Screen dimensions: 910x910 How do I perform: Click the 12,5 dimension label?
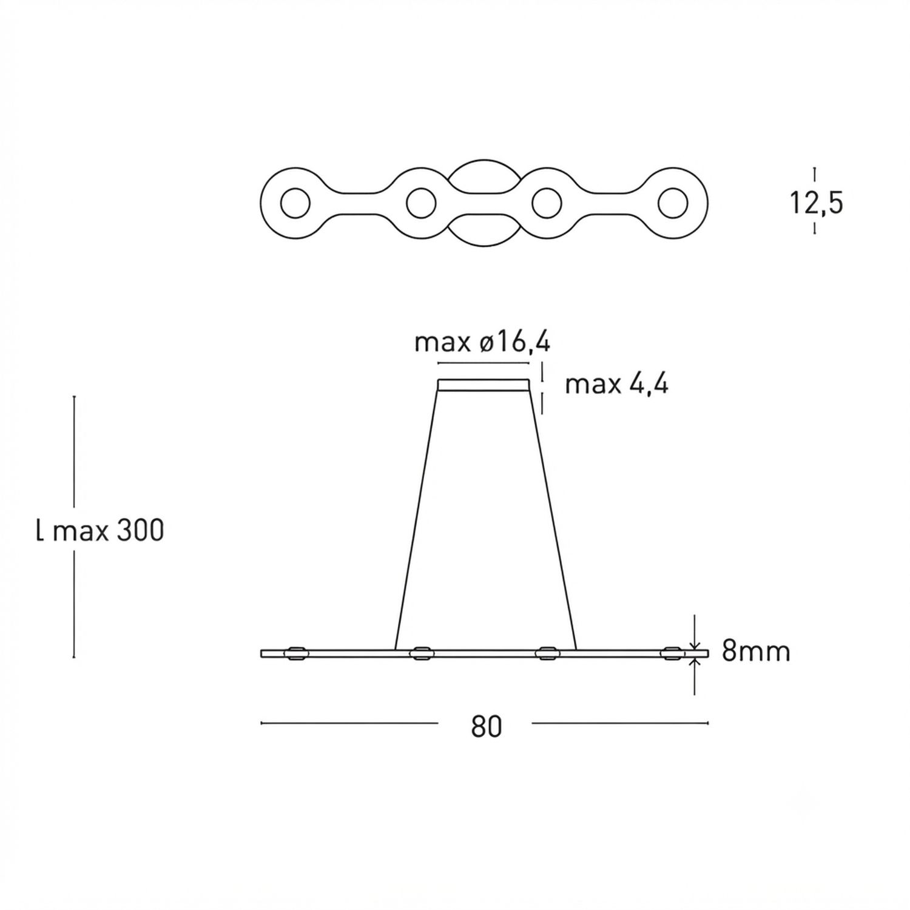[816, 202]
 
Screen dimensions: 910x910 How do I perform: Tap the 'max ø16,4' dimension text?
[482, 343]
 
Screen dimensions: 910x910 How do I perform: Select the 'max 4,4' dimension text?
[616, 384]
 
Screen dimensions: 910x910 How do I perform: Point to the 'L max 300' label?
[100, 531]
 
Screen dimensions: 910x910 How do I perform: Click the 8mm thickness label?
[756, 652]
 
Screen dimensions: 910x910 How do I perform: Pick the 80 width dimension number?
[487, 726]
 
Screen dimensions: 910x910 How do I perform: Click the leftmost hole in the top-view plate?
[295, 203]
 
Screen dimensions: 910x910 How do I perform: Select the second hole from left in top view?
[421, 203]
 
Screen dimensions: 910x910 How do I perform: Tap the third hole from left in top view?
[547, 203]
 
